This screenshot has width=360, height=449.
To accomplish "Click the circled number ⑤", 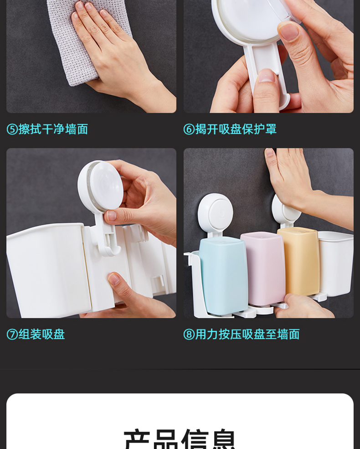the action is click(x=12, y=129).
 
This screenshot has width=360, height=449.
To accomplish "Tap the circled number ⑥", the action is click(x=189, y=129).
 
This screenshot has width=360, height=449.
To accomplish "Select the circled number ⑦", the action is click(x=12, y=334).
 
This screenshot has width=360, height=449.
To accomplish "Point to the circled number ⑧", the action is click(x=189, y=334).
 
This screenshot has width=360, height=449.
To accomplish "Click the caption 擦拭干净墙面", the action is click(x=53, y=129).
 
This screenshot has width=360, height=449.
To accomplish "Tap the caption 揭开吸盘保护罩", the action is click(x=236, y=129).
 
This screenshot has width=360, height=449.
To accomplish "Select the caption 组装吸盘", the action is click(x=42, y=334).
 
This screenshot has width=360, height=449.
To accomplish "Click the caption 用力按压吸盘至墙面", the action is click(x=247, y=334).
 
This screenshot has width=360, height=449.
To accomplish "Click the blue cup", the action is click(x=223, y=276).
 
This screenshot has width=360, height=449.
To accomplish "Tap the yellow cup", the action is click(x=298, y=261).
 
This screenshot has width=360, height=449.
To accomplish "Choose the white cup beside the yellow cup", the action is click(x=335, y=263).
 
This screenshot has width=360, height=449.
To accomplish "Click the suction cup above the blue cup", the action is click(x=216, y=212).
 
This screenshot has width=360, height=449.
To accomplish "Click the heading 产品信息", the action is click(x=180, y=439).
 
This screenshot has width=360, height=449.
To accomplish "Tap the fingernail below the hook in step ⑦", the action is click(x=114, y=279).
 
